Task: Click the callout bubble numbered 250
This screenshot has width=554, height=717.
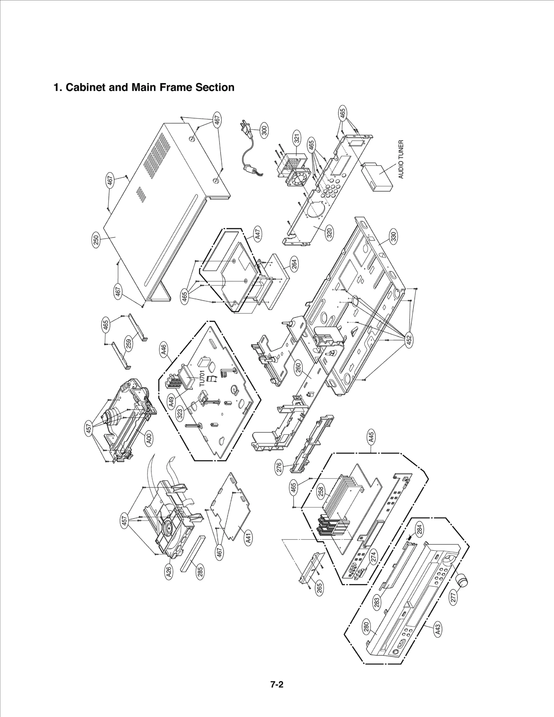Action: point(96,240)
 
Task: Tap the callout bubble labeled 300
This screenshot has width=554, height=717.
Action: point(264,131)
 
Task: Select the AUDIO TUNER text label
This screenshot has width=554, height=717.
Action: point(401,159)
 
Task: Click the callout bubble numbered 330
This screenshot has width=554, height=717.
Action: point(393,237)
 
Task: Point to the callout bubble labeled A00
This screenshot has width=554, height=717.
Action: point(149,440)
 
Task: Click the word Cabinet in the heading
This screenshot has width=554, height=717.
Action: point(85,87)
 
